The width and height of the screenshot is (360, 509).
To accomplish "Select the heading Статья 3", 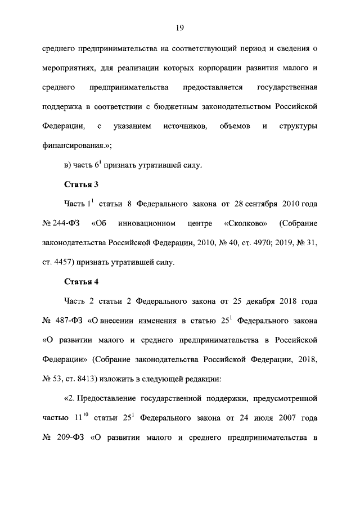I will [82, 184].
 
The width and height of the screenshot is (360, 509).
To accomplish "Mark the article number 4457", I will [65, 262].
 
